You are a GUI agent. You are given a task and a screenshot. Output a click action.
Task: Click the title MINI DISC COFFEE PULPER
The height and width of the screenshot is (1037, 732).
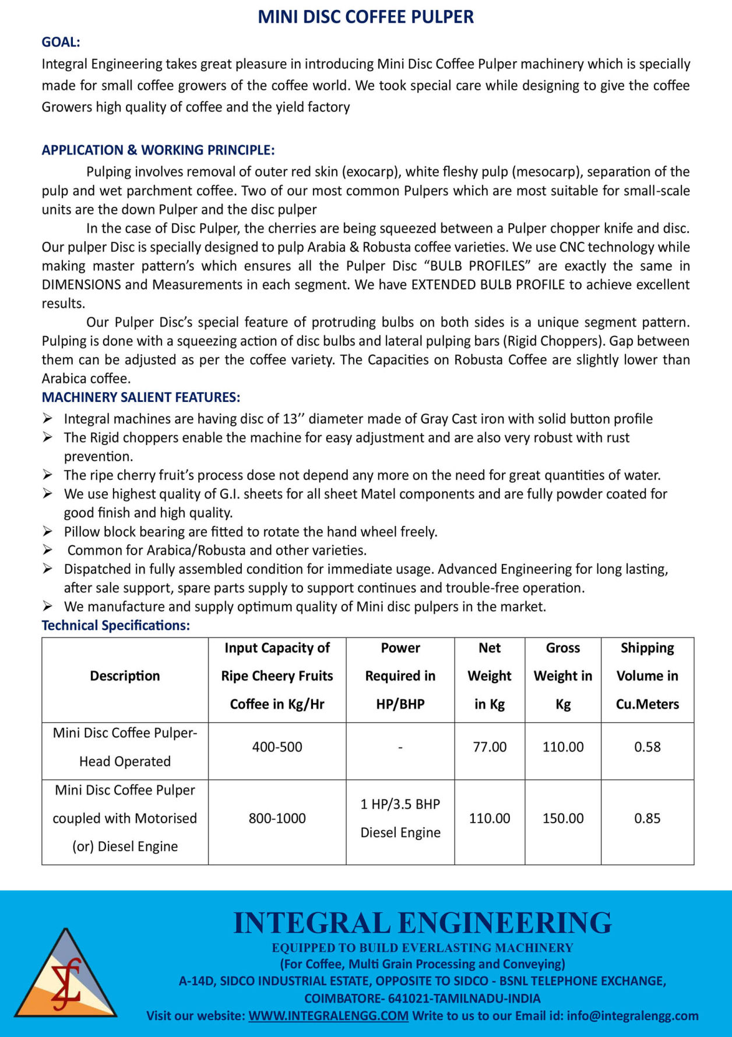point(365,17)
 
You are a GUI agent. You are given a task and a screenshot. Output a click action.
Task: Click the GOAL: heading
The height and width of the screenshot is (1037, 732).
point(61,42)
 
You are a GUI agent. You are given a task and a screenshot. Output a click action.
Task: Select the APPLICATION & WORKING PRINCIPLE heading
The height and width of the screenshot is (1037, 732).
point(158,150)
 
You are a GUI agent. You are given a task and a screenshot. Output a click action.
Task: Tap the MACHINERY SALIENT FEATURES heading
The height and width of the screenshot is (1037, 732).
point(140,397)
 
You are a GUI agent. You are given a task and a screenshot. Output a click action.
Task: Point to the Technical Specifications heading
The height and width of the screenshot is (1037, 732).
point(115,626)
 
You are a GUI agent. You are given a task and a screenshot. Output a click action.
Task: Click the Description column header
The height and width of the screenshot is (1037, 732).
point(125,676)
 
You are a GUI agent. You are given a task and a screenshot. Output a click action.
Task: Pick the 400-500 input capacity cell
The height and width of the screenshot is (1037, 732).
point(277,747)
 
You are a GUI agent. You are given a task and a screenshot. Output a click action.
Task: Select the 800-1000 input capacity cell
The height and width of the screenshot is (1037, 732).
point(277,819)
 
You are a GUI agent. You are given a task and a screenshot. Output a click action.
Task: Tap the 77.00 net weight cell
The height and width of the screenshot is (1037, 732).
point(490,747)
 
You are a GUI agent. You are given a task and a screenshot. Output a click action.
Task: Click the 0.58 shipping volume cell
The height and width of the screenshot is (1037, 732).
point(647,747)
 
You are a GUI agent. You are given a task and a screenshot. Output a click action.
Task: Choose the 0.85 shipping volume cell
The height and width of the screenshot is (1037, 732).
point(647,819)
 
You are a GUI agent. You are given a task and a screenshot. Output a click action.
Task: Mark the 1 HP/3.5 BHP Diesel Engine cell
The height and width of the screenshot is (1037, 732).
point(400,819)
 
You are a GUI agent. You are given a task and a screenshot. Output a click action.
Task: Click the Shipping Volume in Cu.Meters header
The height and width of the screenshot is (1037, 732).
point(647,676)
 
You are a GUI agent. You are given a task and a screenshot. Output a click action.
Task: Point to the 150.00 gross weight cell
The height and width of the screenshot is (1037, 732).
point(563,819)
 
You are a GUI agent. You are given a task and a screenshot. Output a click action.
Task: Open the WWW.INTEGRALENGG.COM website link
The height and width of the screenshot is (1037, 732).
point(328,1015)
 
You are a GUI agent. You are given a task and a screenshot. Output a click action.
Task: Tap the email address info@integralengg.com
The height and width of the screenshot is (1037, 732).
point(632,1015)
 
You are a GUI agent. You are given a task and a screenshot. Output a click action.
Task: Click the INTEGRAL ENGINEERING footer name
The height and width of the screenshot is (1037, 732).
point(422,923)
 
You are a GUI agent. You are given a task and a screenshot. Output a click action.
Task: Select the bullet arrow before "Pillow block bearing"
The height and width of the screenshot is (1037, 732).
point(48,531)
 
